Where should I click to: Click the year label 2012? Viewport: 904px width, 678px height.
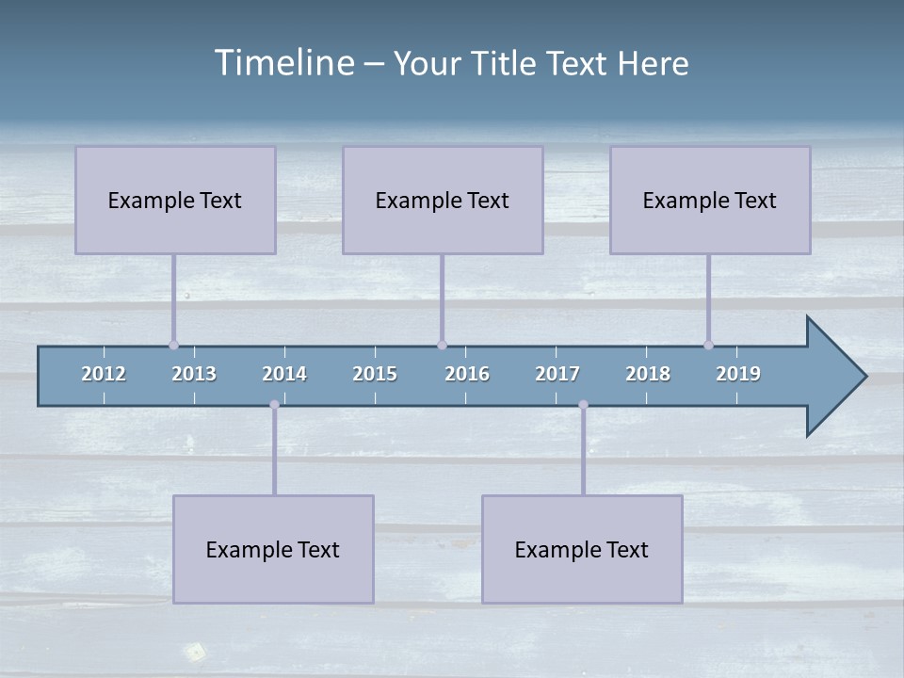pos(104,374)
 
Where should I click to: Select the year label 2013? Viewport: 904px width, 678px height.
pos(194,374)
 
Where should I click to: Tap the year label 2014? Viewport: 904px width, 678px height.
pos(284,374)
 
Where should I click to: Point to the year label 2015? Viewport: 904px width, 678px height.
pos(375,374)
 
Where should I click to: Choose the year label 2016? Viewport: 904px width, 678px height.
pos(467,374)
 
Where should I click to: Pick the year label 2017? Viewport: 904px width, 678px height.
pos(557,374)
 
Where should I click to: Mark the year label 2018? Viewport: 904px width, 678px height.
pos(648,374)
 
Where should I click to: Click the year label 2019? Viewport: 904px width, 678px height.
pos(738,374)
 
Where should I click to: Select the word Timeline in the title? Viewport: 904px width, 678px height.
pos(283,63)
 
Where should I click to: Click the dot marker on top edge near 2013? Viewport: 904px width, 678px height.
pos(173,345)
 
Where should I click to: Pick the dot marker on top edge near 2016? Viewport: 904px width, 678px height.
pos(442,345)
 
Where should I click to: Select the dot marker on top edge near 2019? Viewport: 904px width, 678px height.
pos(708,345)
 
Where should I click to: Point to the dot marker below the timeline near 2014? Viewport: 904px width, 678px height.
pos(274,405)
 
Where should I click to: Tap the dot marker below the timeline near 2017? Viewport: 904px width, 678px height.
pos(583,405)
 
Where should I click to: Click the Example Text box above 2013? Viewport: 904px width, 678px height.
pos(175,200)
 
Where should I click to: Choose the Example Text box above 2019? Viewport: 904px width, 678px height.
pos(710,200)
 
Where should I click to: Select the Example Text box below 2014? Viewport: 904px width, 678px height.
pos(273,549)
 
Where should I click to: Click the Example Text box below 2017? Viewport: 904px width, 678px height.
pos(582,549)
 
